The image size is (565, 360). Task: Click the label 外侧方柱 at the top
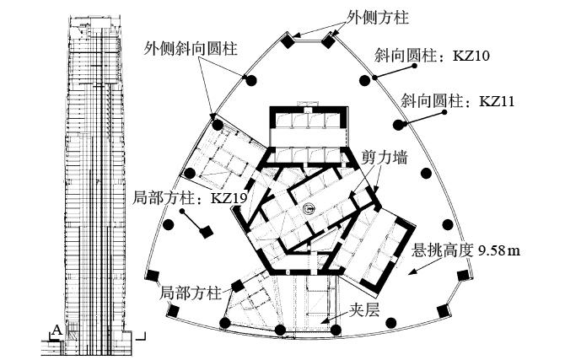pyautogui.click(x=378, y=18)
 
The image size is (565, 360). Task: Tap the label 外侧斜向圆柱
pyautogui.click(x=191, y=48)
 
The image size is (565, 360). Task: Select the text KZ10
pyautogui.click(x=471, y=56)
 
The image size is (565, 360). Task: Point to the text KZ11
pyautogui.click(x=497, y=101)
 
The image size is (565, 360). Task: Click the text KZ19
pyautogui.click(x=229, y=198)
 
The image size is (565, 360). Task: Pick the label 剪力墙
pyautogui.click(x=385, y=158)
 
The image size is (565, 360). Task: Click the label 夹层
pyautogui.click(x=364, y=309)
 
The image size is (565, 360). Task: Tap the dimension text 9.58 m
pyautogui.click(x=499, y=250)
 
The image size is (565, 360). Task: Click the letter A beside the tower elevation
pyautogui.click(x=56, y=330)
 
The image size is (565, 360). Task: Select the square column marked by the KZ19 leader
pyautogui.click(x=207, y=231)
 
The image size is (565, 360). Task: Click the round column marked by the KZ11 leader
pyautogui.click(x=397, y=125)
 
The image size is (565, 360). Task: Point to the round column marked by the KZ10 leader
pyautogui.click(x=365, y=80)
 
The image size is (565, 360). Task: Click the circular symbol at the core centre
pyautogui.click(x=309, y=207)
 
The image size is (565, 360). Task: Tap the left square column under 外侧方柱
pyautogui.click(x=288, y=41)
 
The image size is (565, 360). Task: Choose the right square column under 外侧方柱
pyautogui.click(x=328, y=40)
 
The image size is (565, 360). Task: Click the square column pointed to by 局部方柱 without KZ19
pyautogui.click(x=238, y=286)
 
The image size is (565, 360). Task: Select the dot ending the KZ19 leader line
pyautogui.click(x=182, y=211)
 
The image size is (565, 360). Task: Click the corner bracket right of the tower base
pyautogui.click(x=142, y=336)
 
